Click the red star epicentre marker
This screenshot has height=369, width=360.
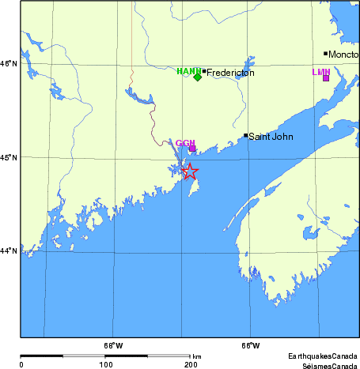189,171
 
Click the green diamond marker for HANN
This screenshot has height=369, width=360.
198,77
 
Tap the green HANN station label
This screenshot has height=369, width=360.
188,71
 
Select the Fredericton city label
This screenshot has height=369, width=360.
230,72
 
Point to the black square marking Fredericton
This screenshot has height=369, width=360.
204,71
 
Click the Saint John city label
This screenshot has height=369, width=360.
271,137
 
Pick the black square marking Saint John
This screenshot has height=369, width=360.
246,135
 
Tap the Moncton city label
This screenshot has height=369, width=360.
344,55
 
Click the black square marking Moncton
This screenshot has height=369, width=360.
326,54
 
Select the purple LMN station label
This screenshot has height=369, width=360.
320,72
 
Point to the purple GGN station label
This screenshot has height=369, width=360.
185,143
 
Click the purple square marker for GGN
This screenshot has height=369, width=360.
191,148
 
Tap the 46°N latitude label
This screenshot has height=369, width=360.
8,64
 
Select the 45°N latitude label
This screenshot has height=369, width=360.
8,157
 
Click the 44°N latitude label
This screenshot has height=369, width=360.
8,250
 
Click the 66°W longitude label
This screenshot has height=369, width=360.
250,345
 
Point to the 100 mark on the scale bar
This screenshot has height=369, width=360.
105,364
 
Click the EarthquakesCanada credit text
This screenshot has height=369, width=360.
322,356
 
